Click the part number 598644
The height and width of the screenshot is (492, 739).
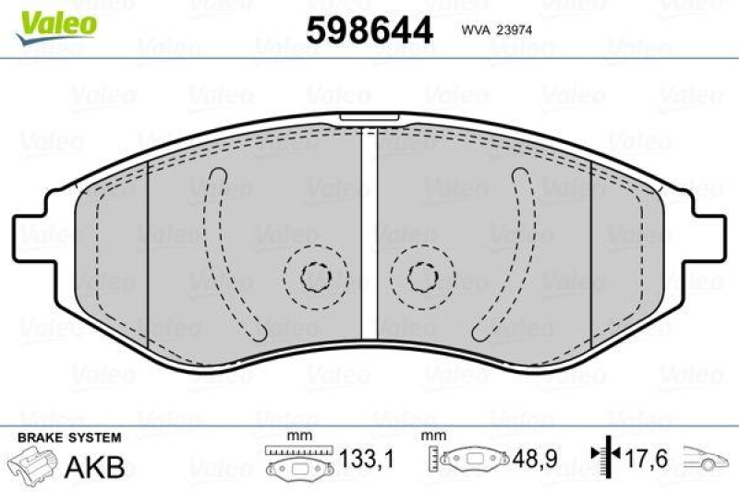pos(369,30)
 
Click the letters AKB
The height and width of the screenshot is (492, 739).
pos(94,466)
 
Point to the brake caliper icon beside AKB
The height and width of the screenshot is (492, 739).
pos(31,463)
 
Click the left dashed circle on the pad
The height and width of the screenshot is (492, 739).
pos(316,274)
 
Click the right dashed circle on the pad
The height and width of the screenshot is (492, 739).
pos(423,274)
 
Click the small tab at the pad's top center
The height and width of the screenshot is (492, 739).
pos(369,118)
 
